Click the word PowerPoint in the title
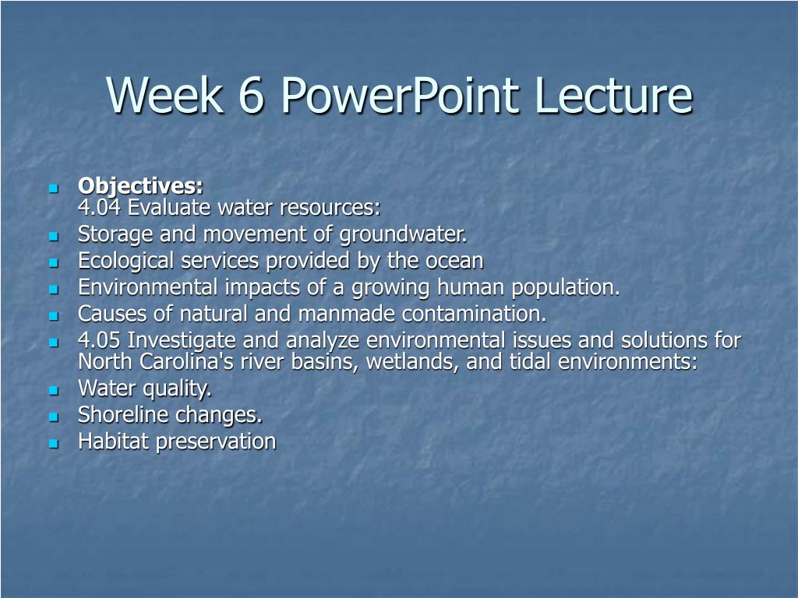(x=400, y=95)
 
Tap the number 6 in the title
(x=251, y=95)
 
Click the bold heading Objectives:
(x=140, y=186)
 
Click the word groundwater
(x=403, y=235)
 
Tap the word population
(x=566, y=288)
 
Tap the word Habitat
(x=113, y=441)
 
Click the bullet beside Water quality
(x=54, y=391)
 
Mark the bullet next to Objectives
(x=54, y=188)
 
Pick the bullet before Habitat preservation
(x=54, y=443)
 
